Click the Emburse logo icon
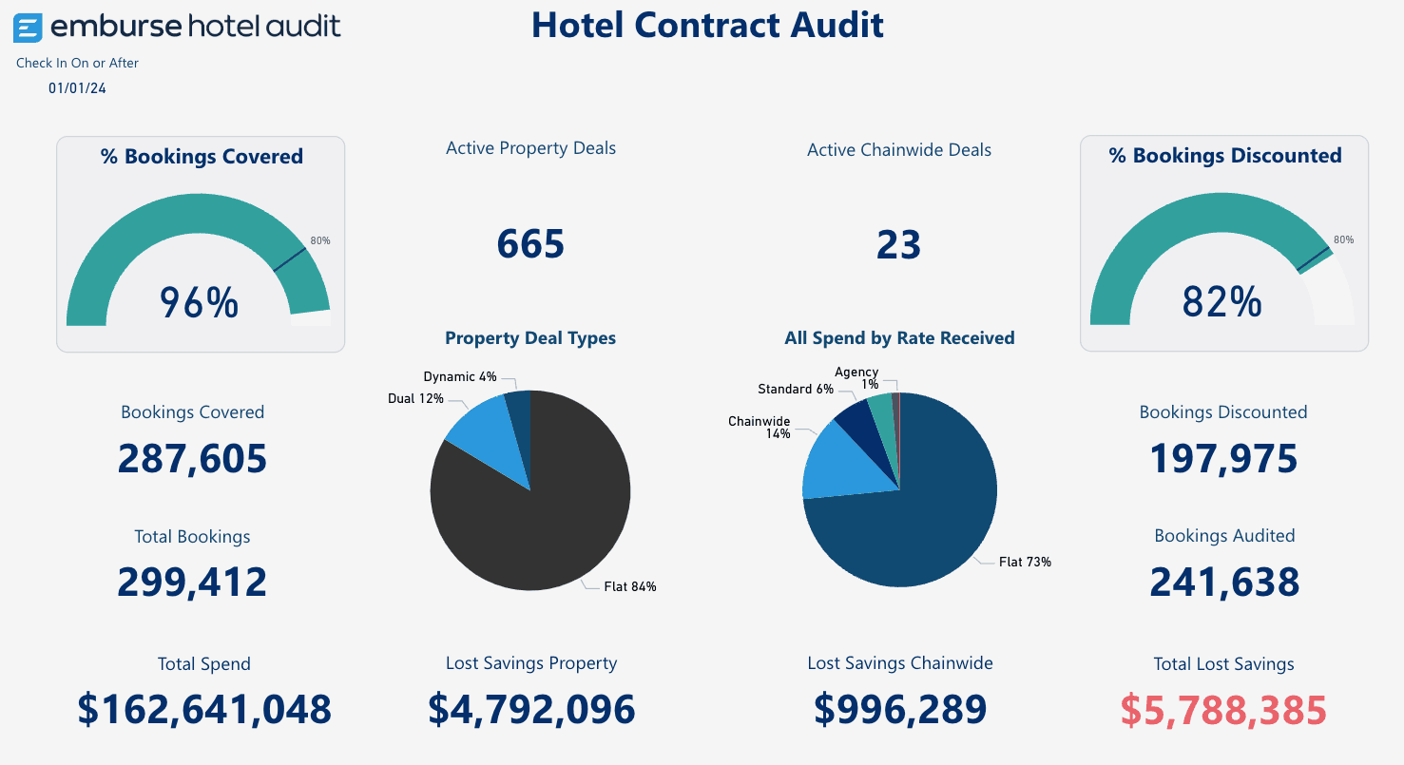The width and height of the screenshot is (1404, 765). point(28,29)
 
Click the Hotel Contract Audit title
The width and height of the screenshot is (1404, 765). point(707,25)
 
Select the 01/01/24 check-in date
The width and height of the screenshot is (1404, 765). point(77,88)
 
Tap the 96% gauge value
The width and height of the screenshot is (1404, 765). point(199,302)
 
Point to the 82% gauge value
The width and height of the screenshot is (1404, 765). point(1221,302)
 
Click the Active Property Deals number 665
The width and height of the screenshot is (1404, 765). point(530,244)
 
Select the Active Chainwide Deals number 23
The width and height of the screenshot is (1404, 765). point(898,244)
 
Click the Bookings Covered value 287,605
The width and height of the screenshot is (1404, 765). point(192,459)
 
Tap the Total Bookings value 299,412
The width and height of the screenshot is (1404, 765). point(192,582)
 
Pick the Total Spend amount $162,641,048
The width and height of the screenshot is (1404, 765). point(204,710)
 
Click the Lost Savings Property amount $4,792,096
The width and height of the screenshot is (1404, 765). point(531,710)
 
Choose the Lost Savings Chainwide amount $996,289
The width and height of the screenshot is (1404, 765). point(900,710)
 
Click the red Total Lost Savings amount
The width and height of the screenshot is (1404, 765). point(1223,710)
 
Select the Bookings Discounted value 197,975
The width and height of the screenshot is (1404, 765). point(1223,459)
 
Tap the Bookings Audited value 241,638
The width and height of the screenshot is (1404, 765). point(1224,582)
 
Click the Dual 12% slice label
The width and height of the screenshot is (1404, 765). point(415,399)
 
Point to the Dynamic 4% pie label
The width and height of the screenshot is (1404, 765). point(460,377)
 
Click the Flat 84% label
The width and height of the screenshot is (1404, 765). point(630,586)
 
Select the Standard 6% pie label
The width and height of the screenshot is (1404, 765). point(796,389)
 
